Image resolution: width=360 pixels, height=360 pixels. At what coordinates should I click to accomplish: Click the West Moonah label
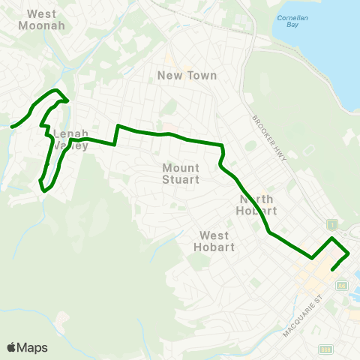[46, 19]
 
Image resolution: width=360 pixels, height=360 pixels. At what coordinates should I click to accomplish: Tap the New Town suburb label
[187, 75]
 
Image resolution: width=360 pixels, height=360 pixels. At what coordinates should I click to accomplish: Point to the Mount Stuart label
[181, 174]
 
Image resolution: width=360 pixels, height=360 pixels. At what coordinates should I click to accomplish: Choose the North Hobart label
[258, 205]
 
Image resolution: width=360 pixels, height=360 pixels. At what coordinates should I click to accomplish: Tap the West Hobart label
[214, 241]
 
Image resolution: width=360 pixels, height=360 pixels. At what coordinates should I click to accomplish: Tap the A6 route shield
[342, 286]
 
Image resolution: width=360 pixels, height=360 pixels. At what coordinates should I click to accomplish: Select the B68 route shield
[325, 349]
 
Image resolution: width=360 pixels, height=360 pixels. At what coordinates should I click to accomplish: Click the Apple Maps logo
[27, 347]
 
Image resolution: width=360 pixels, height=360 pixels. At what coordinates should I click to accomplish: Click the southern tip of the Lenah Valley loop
[43, 190]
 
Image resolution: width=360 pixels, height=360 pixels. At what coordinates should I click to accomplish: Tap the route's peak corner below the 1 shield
[332, 238]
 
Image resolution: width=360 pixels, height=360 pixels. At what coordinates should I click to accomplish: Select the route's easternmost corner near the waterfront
[349, 254]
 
